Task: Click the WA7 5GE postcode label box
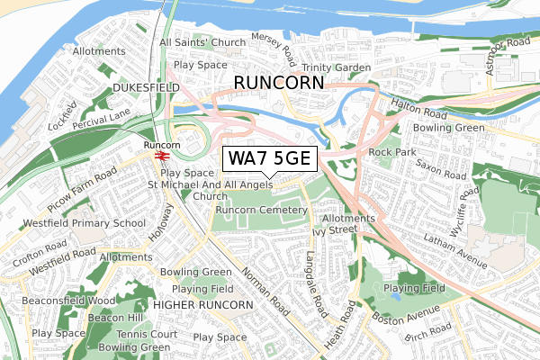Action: [x=269, y=159]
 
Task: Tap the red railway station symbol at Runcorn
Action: [x=162, y=155]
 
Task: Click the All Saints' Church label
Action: [x=202, y=43]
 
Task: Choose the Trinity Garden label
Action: [x=337, y=67]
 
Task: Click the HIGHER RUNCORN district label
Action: [x=202, y=305]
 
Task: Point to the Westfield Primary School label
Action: [x=73, y=223]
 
